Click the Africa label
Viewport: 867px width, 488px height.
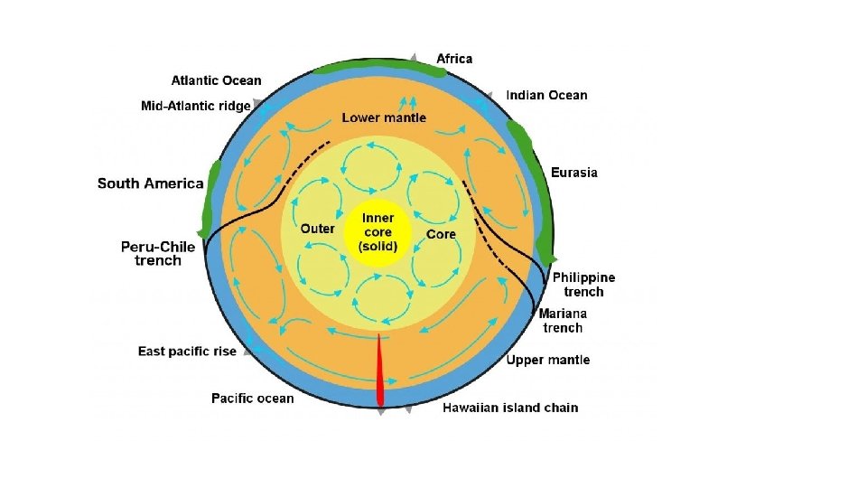tap(454, 59)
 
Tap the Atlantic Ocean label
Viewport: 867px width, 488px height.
tap(217, 80)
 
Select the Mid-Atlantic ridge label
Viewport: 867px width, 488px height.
tap(196, 106)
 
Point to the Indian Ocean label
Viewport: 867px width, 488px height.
tap(546, 95)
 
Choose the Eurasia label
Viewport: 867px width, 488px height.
tap(574, 172)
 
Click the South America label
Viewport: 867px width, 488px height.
tap(151, 183)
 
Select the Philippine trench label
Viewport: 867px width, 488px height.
tap(583, 285)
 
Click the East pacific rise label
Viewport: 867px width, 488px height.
tap(187, 351)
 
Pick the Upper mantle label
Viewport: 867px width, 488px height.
tap(548, 360)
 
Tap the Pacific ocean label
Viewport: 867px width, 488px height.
tap(252, 398)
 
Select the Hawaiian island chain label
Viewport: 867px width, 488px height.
tap(510, 408)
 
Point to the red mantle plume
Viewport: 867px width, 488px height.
tap(379, 371)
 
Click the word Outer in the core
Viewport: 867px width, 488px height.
tap(317, 229)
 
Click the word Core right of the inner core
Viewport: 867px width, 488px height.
tap(442, 234)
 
